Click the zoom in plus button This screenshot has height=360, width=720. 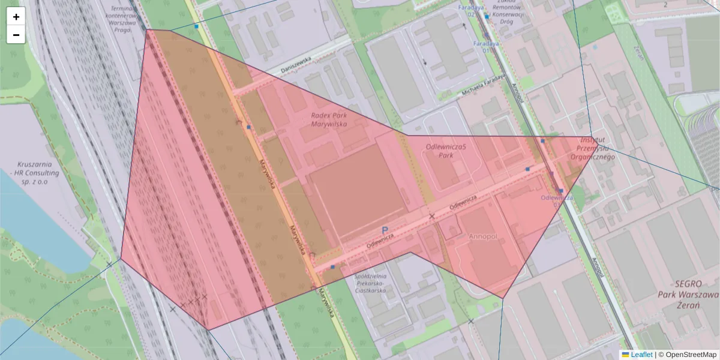16,17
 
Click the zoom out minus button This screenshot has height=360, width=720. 16,35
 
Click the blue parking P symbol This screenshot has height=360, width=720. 385,230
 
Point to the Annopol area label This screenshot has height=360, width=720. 483,236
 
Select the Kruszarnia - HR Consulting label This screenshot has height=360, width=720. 39,172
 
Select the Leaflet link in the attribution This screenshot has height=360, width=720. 641,355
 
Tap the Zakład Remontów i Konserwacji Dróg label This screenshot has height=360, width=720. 508,13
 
